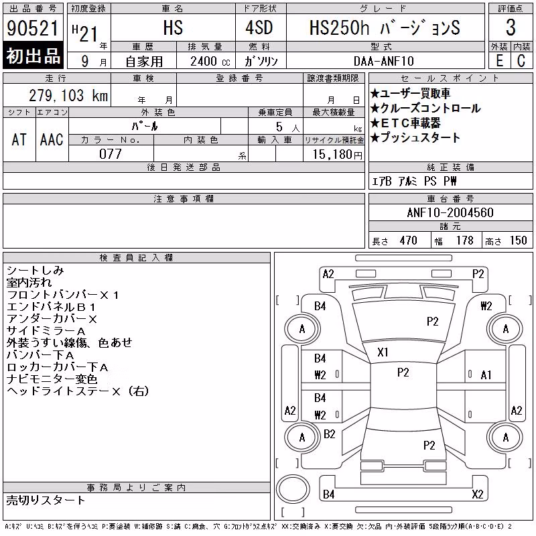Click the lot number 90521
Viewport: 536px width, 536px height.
click(33, 28)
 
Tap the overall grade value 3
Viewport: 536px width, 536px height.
click(511, 27)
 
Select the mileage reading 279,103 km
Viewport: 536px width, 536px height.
click(68, 95)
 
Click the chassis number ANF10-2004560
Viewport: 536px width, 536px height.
click(450, 212)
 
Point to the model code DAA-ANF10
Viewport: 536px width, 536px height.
click(383, 61)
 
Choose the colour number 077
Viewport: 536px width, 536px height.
click(111, 154)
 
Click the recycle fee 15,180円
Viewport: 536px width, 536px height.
click(338, 155)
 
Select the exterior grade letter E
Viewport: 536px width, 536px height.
click(499, 61)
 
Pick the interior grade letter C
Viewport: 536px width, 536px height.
click(521, 61)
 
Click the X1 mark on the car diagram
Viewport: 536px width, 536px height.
click(383, 352)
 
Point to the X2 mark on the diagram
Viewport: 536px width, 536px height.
click(478, 494)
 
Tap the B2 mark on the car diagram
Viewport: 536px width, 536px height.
click(329, 434)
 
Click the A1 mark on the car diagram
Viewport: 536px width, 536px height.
click(486, 375)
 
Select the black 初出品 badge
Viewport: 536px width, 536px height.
click(33, 56)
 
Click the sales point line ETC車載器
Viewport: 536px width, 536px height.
click(405, 123)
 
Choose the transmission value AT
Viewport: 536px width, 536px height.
click(19, 139)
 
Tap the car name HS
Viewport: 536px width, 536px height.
click(173, 27)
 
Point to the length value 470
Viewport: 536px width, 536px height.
click(408, 241)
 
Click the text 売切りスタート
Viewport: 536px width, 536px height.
click(46, 500)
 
